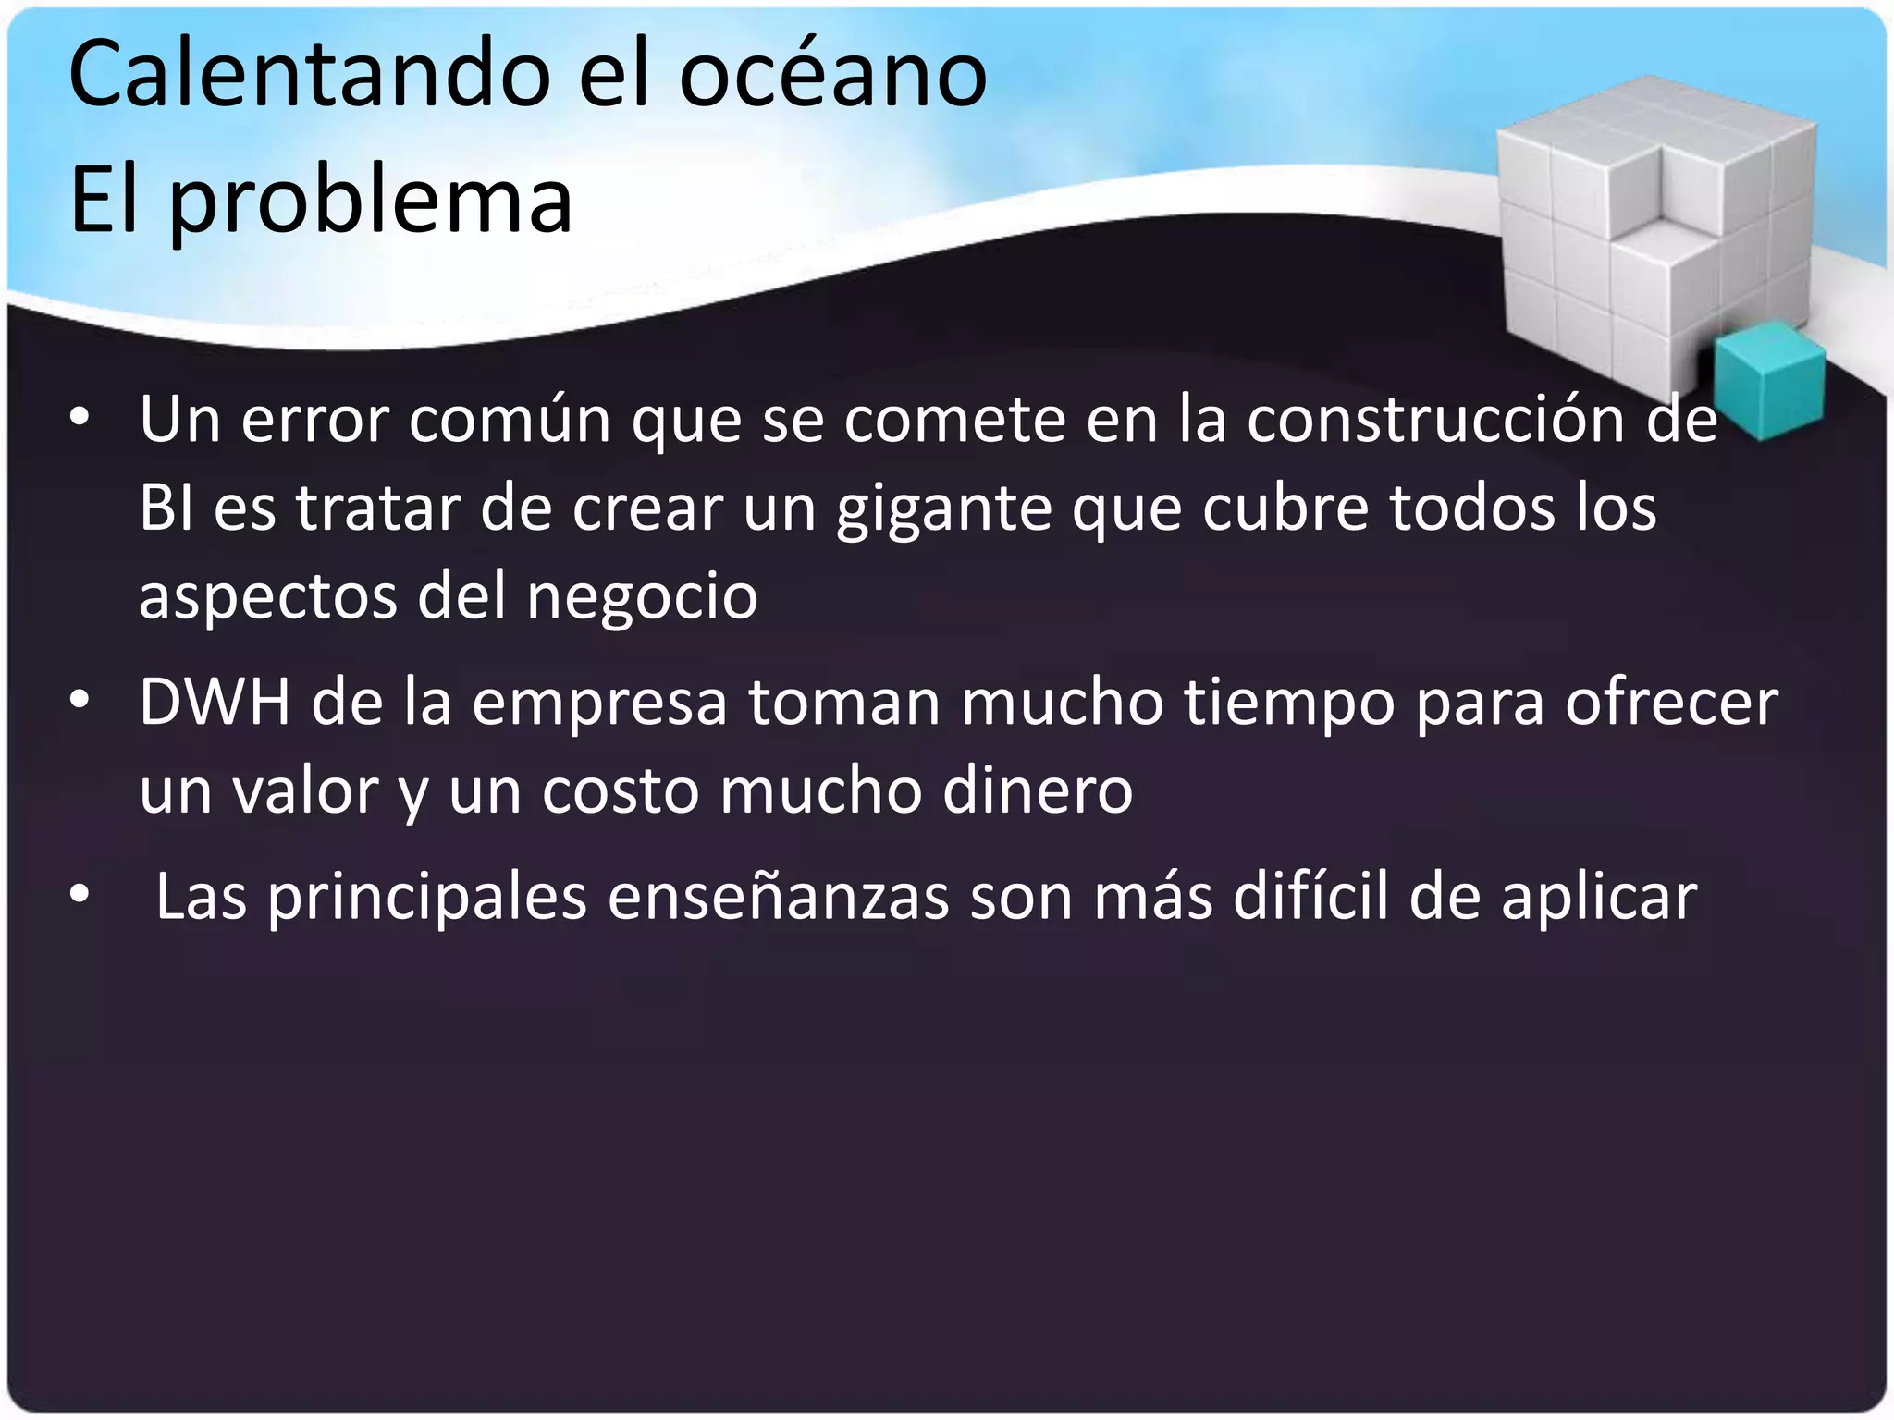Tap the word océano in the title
(832, 74)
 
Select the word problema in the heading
(370, 202)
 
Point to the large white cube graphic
(1646, 240)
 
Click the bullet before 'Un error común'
(80, 419)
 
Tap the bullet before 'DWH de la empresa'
(80, 702)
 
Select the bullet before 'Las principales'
(80, 896)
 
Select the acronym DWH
(215, 702)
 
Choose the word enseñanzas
(778, 896)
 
